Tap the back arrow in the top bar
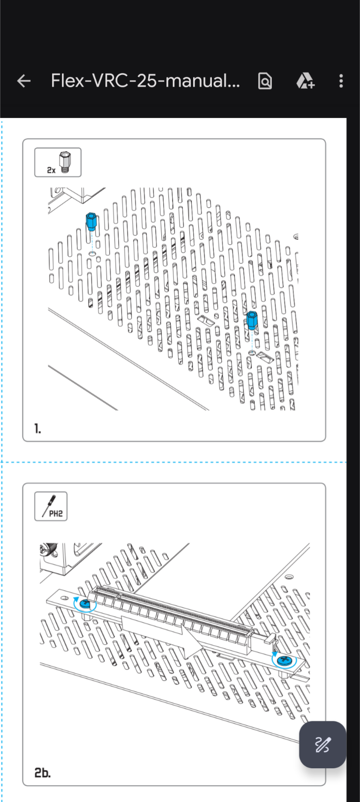(x=23, y=81)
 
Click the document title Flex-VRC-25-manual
(x=145, y=81)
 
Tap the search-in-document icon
(x=265, y=81)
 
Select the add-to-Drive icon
(x=305, y=81)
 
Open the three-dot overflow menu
(x=341, y=81)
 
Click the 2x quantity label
(x=51, y=170)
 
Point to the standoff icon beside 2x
(x=65, y=162)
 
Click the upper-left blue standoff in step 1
(x=91, y=222)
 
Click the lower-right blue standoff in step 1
(x=252, y=320)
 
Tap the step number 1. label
(x=37, y=428)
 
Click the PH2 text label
(x=56, y=514)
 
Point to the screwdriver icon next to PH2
(x=49, y=505)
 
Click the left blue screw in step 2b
(x=85, y=604)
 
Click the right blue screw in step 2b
(x=285, y=660)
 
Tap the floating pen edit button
(x=322, y=744)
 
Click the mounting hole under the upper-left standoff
(x=92, y=254)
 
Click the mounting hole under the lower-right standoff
(x=252, y=353)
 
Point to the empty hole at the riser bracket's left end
(x=65, y=598)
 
